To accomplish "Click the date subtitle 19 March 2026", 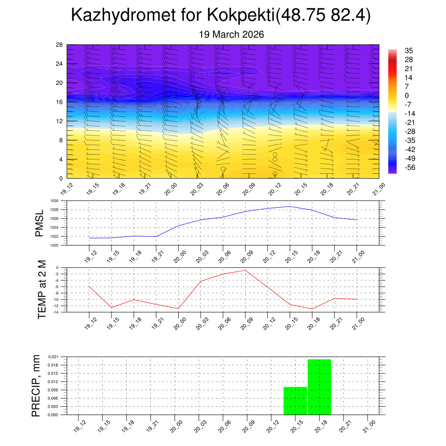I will point(231,34).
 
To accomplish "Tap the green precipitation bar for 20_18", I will point(319,387).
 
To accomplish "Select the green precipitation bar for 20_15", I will point(295,401).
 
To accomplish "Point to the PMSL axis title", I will point(40,223).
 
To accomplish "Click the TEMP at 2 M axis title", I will point(42,289).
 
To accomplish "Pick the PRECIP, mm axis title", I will point(36,386).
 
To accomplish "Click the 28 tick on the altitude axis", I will point(60,45).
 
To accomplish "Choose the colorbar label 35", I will point(409,51).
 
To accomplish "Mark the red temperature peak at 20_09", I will point(245,270).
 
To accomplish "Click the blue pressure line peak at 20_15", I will point(290,206).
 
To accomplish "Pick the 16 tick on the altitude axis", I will point(60,102).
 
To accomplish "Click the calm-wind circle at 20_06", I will point(223,169).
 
